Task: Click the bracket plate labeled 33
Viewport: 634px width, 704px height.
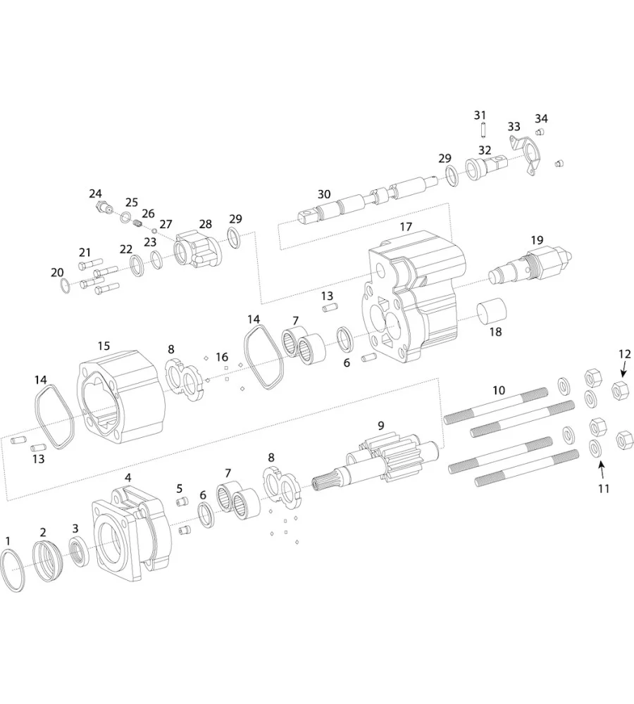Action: click(x=525, y=153)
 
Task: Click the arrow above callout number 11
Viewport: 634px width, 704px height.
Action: click(x=601, y=467)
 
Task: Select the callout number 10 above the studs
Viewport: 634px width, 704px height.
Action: click(x=499, y=390)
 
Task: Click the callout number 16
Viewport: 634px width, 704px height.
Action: click(x=223, y=357)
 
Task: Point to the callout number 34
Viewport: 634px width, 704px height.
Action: click(x=541, y=118)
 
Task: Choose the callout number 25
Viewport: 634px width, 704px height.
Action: click(x=132, y=203)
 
